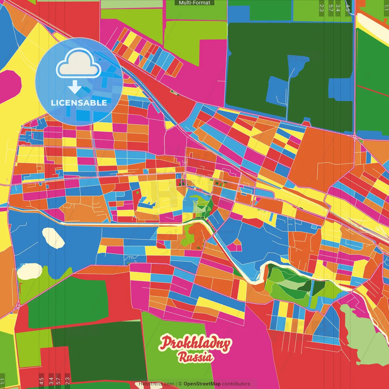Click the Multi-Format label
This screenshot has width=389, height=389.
194,3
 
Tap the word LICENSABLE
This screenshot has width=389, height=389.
79,103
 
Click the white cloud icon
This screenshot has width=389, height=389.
79,64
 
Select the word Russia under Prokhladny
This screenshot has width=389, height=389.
195,357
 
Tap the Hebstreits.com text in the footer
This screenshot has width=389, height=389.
156,384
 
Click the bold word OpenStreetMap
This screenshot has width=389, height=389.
202,384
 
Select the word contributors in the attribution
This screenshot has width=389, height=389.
236,384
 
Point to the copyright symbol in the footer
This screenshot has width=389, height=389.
180,384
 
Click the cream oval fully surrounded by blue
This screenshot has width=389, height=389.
53,238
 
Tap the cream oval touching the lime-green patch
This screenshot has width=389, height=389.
29,271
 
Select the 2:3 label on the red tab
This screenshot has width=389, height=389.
67,381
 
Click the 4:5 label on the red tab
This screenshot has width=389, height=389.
41,381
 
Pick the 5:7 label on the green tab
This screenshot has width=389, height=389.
331,8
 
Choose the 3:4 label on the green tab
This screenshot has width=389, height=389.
338,8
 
